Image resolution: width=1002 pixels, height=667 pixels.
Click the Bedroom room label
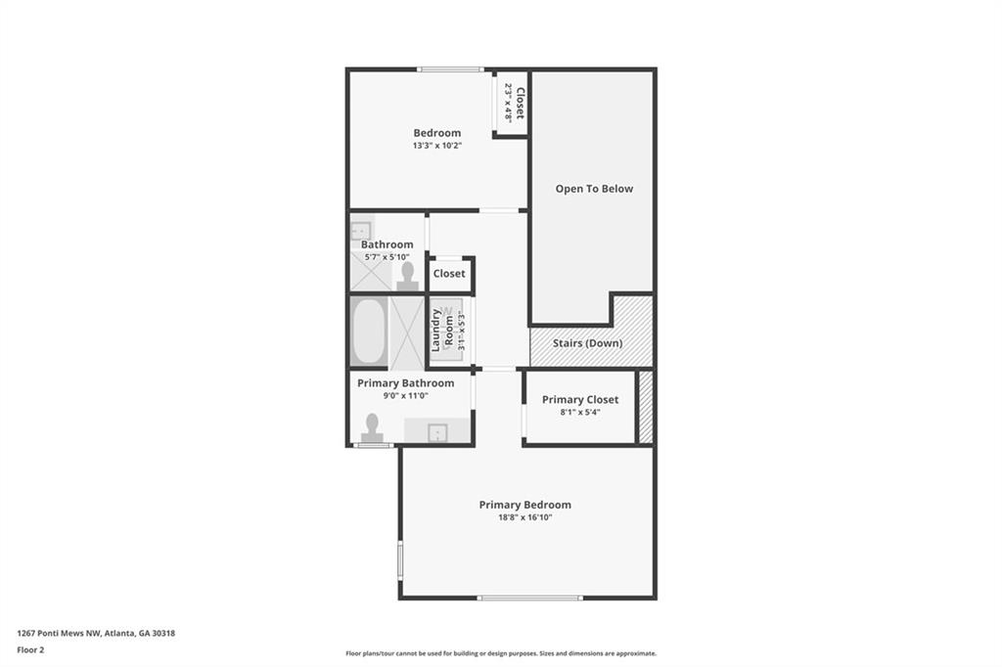click(x=436, y=133)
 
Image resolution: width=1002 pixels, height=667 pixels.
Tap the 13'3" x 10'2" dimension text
click(x=436, y=146)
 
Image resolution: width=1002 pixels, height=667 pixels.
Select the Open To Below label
click(x=594, y=189)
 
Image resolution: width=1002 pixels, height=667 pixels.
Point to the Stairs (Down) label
click(x=587, y=343)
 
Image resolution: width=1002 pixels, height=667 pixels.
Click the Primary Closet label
click(x=580, y=399)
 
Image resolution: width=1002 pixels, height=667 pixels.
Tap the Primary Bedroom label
click(x=524, y=505)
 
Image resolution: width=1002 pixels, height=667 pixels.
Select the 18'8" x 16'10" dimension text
click(x=524, y=517)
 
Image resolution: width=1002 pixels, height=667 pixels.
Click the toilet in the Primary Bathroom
click(x=372, y=427)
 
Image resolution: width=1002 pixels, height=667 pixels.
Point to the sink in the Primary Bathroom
click(x=436, y=431)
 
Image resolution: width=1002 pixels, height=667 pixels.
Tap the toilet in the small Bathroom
click(x=408, y=276)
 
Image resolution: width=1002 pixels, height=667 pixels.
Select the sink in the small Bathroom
click(x=360, y=229)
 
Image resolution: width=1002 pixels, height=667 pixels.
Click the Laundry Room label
click(x=442, y=331)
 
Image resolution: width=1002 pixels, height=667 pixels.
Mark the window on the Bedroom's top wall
click(x=449, y=69)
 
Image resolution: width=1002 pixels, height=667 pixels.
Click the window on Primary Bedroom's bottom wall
click(x=529, y=598)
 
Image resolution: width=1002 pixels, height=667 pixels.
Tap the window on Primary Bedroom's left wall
click(x=400, y=561)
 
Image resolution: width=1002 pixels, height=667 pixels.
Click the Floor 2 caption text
click(x=30, y=648)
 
